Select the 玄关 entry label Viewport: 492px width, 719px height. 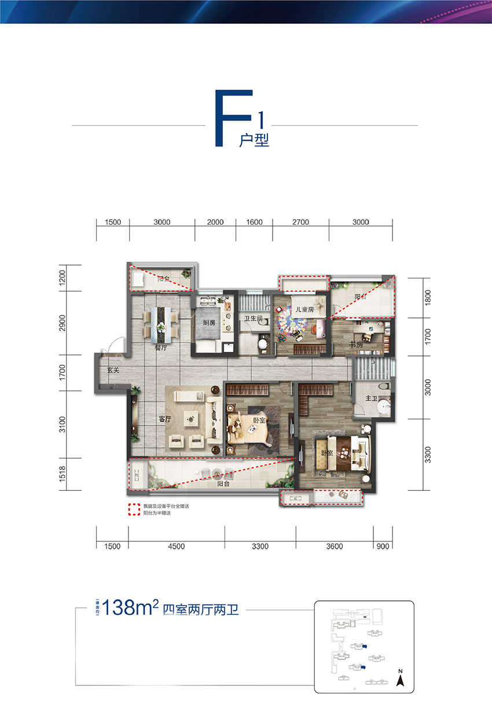113,370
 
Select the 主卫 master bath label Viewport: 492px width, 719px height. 371,399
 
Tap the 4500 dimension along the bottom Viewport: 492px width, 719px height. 177,546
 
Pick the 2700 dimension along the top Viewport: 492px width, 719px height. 300,222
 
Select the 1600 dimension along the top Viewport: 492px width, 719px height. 254,222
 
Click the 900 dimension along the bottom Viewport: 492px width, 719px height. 383,546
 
